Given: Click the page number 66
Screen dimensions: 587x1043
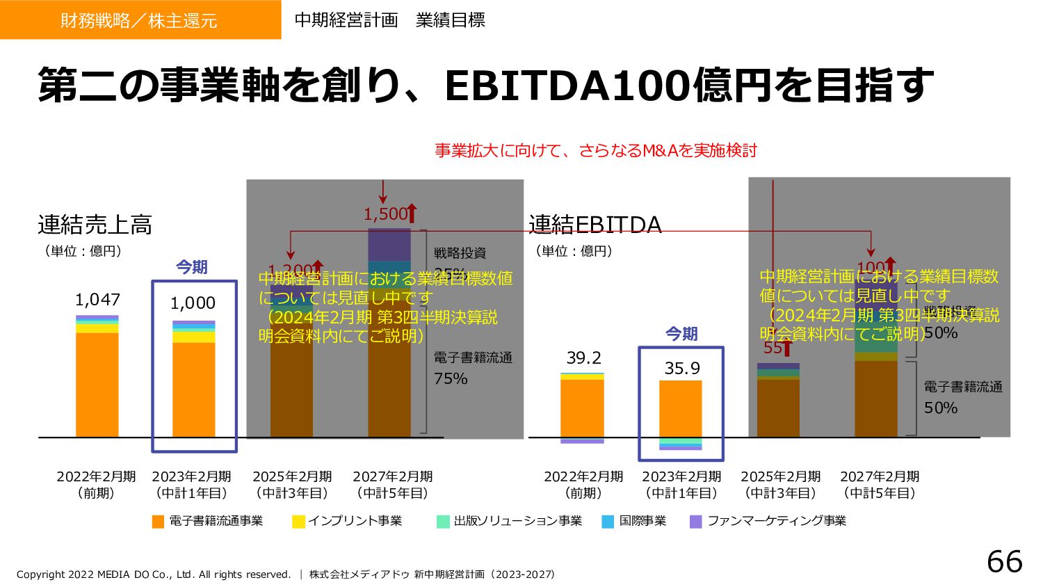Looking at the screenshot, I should (x=1004, y=562).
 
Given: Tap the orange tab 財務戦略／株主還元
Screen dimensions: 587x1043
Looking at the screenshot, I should (x=139, y=20).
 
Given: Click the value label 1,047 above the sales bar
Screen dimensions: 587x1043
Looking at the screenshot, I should (x=97, y=300).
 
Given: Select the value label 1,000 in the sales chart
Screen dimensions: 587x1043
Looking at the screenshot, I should (x=193, y=303).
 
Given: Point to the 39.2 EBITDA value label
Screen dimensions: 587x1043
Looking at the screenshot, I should (x=583, y=357).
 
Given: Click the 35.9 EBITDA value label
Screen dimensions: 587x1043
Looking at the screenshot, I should (x=681, y=368).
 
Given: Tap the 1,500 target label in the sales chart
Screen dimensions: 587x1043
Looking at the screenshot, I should (x=386, y=214).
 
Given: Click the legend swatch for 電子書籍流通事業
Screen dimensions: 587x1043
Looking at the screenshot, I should (x=159, y=522).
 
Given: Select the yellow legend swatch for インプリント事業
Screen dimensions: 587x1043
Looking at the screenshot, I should (x=298, y=522).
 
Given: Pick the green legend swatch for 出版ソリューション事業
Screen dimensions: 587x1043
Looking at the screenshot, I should (x=443, y=522).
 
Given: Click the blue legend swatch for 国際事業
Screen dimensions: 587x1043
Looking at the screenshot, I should (x=608, y=522).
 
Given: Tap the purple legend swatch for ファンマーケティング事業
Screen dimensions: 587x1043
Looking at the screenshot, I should (x=695, y=522).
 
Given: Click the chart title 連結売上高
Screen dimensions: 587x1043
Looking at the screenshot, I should (x=95, y=225).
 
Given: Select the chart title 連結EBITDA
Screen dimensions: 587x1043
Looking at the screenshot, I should (x=595, y=225).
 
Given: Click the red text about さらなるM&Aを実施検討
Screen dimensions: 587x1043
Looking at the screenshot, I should (x=595, y=150).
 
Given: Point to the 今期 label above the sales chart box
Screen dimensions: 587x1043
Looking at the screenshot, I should (x=191, y=267).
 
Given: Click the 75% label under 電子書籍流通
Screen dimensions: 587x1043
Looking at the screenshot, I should (x=451, y=379).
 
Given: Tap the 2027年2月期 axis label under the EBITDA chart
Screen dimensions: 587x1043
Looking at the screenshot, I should (x=880, y=476).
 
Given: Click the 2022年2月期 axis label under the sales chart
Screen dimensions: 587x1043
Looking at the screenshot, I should (x=96, y=476).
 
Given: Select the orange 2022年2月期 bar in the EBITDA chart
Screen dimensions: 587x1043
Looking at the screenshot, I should (x=583, y=408).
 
